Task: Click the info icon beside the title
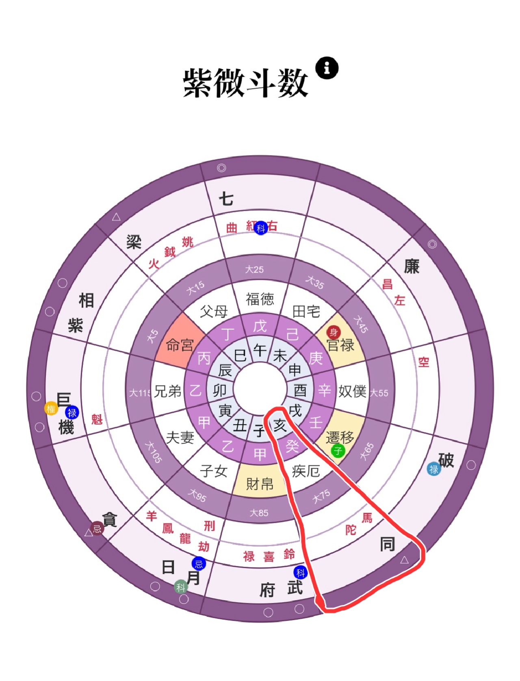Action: pyautogui.click(x=327, y=68)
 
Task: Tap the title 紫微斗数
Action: pyautogui.click(x=245, y=83)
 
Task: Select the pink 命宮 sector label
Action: pyautogui.click(x=180, y=345)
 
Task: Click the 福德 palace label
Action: pyautogui.click(x=260, y=299)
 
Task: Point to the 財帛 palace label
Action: pyautogui.click(x=260, y=484)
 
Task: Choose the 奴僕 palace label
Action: pyautogui.click(x=352, y=391)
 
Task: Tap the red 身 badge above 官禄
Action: pyautogui.click(x=334, y=332)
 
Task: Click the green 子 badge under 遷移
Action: pyautogui.click(x=338, y=450)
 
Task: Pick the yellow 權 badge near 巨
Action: pyautogui.click(x=51, y=409)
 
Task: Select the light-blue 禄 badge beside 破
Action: pyautogui.click(x=434, y=469)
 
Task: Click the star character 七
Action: pyautogui.click(x=226, y=199)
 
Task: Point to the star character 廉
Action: pyautogui.click(x=412, y=267)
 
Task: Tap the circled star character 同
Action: pyautogui.click(x=387, y=544)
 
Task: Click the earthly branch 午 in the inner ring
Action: pyautogui.click(x=260, y=350)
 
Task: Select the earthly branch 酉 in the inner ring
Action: pyautogui.click(x=300, y=391)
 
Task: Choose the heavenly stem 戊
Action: pyautogui.click(x=260, y=326)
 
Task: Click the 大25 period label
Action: pyautogui.click(x=254, y=269)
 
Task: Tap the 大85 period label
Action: pyautogui.click(x=259, y=513)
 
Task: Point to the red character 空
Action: pyautogui.click(x=424, y=362)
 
